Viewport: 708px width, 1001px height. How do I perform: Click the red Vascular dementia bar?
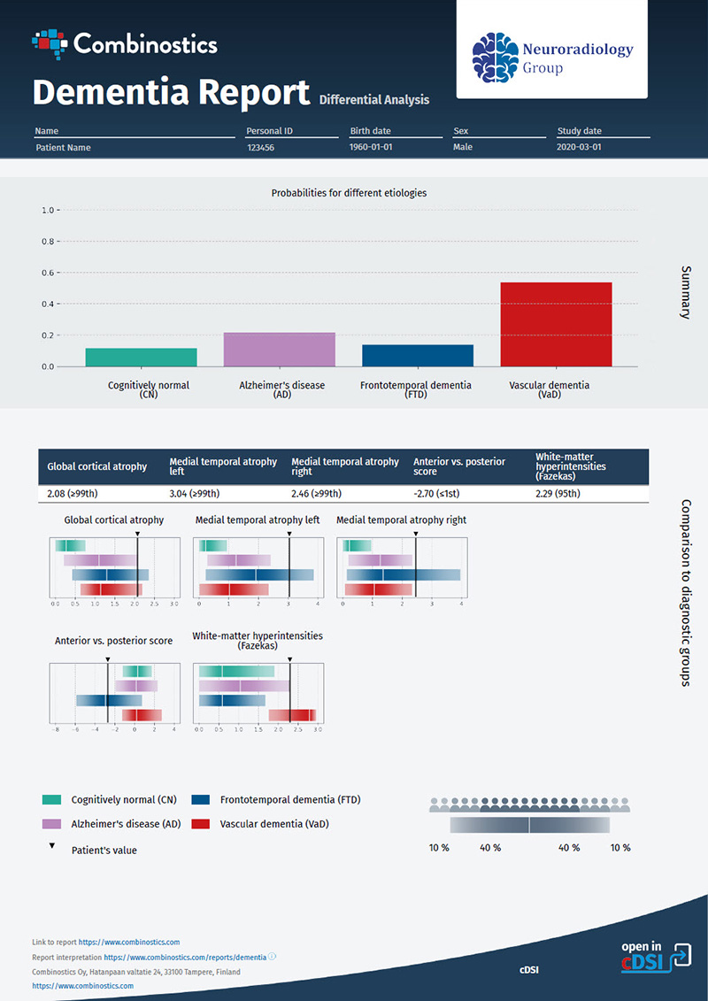tap(556, 324)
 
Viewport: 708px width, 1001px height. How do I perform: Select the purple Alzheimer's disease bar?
tap(279, 350)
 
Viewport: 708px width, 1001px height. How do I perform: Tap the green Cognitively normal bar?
tap(142, 357)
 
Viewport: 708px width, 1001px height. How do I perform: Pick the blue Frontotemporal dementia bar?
tap(418, 355)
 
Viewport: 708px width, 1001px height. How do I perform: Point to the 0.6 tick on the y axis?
tap(48, 273)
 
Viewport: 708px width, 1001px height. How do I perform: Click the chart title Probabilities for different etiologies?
tap(349, 192)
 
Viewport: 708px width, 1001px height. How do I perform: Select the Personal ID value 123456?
tap(261, 148)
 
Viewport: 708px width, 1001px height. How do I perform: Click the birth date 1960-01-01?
tap(373, 148)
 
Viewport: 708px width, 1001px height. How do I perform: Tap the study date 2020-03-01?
tap(579, 148)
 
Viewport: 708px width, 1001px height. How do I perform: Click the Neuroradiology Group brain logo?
tap(495, 57)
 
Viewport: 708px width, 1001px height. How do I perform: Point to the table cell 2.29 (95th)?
tap(558, 493)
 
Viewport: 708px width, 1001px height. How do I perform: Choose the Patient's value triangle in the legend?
tap(52, 846)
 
